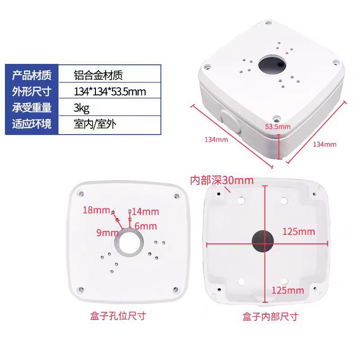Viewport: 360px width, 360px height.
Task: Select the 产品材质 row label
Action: [32, 75]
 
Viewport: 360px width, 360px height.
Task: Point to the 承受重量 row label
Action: [32, 108]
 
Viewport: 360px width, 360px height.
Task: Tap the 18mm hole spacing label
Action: [96, 210]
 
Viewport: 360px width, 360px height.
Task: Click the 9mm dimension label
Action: [107, 233]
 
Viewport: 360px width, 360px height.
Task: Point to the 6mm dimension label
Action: [145, 226]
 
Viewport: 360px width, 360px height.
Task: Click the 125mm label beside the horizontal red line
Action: [298, 231]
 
